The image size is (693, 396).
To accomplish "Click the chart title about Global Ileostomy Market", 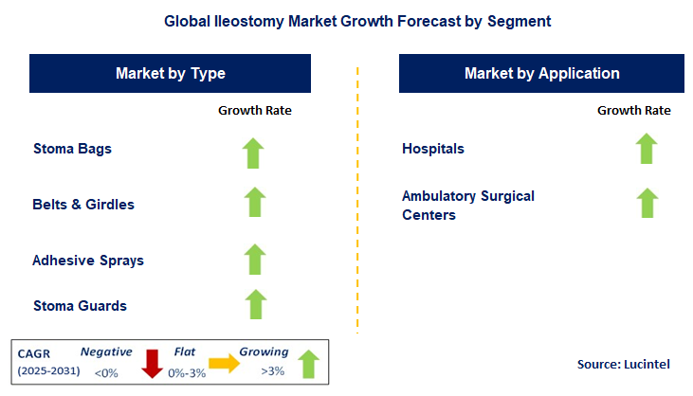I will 346,21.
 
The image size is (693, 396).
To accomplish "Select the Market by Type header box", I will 171,73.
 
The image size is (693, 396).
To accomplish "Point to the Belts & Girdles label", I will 83,204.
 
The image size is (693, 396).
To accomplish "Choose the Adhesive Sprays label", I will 88,260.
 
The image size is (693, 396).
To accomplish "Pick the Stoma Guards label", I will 80,305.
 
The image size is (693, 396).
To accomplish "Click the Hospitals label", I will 433,149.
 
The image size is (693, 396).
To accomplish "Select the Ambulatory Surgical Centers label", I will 468,205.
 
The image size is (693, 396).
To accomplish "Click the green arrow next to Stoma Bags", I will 254,152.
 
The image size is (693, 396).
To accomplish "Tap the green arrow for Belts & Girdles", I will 254,202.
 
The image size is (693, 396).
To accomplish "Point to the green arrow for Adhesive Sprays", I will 254,258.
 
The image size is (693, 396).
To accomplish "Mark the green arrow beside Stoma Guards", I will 254,304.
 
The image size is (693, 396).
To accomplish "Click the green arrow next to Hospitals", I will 647,148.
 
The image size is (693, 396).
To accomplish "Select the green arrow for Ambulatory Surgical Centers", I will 647,202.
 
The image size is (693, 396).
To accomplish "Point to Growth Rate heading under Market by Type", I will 255,110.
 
